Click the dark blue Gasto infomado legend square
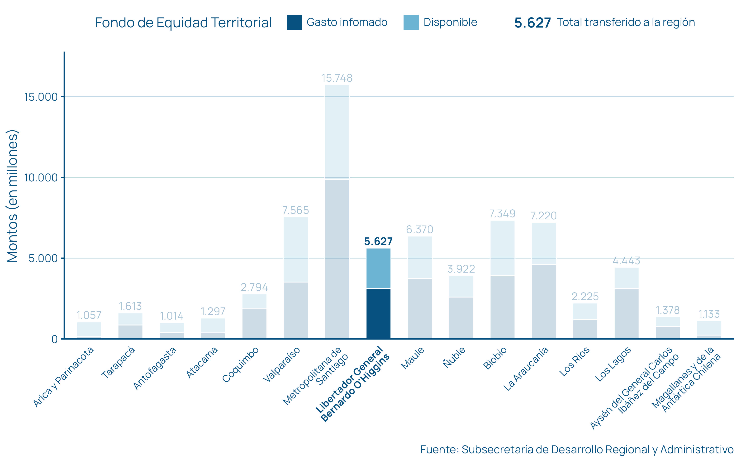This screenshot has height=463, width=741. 294,22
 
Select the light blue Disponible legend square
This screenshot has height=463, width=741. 411,22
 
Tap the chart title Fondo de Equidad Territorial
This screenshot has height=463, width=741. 183,23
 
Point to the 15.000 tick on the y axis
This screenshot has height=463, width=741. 41,97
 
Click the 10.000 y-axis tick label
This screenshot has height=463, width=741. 41,178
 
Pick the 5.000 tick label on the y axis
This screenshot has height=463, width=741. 43,258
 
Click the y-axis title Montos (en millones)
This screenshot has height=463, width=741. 12,196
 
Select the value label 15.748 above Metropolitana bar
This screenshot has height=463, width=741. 337,78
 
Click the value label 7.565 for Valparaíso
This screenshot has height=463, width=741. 295,210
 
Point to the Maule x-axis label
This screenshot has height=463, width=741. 413,358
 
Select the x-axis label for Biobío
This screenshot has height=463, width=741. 495,358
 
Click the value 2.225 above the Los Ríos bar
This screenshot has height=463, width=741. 585,296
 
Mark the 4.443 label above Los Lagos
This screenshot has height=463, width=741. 626,261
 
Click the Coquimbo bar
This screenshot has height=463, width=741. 254,317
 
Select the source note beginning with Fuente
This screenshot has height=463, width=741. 577,449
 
